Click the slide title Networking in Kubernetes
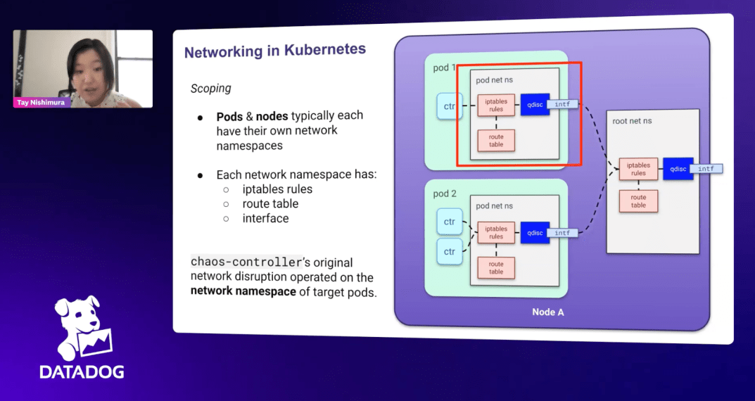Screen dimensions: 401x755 coord(274,51)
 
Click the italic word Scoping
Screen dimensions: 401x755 coord(210,89)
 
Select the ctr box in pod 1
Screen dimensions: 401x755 coord(449,106)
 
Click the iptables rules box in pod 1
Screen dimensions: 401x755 coord(496,105)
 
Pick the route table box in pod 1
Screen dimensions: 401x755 coord(496,139)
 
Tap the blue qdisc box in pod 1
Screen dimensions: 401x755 coord(535,104)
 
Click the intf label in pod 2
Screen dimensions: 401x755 coord(562,233)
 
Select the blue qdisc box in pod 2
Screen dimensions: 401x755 coord(535,233)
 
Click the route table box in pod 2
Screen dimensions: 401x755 coord(496,268)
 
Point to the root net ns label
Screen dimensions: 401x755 coord(632,121)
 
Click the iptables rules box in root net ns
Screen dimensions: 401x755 coord(638,169)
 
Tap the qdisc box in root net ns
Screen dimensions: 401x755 coord(678,169)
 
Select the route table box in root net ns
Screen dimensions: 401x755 coord(638,201)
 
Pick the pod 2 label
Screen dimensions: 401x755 coord(445,193)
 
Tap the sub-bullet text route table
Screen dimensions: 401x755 coord(270,204)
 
